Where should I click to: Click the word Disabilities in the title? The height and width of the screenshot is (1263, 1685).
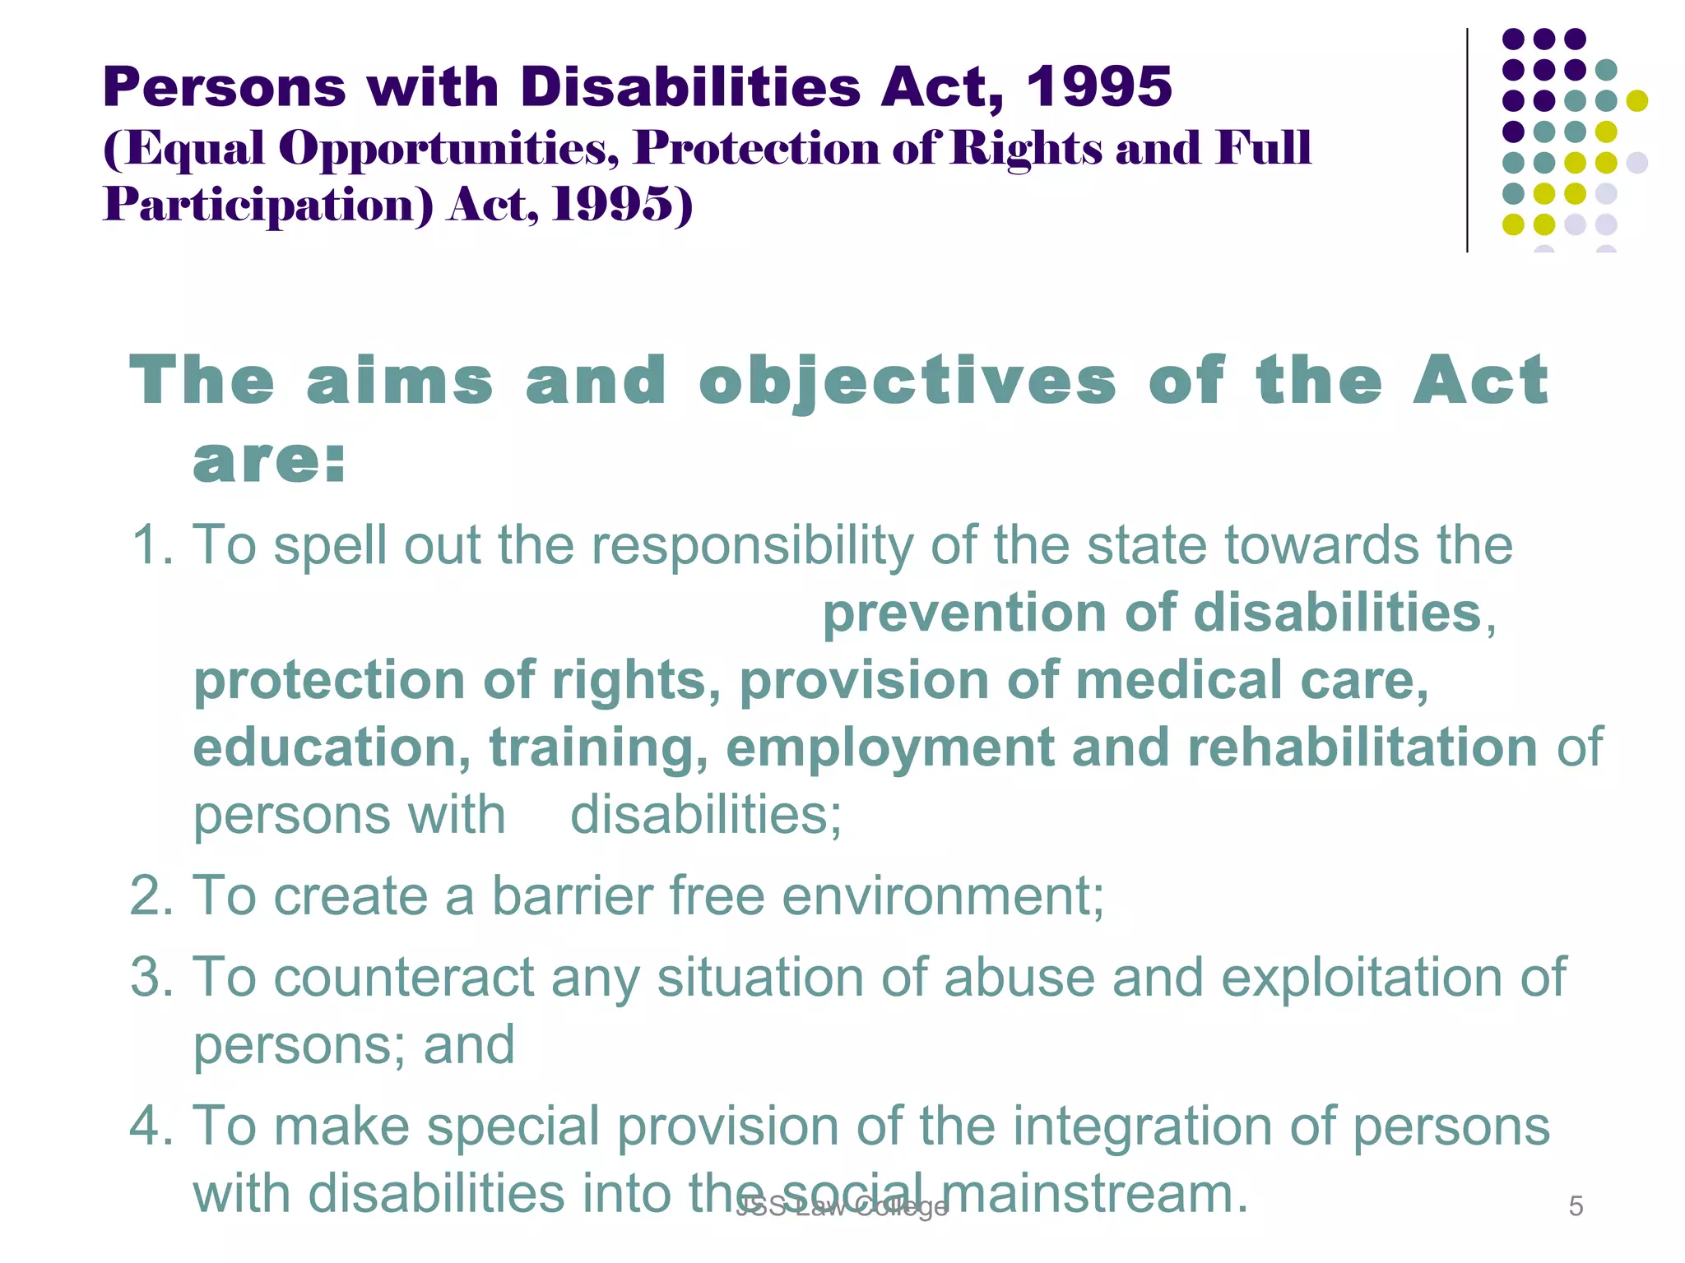[x=690, y=86]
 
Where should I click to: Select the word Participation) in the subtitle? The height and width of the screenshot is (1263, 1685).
[x=267, y=206]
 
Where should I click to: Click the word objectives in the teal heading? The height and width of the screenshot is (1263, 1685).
[x=907, y=382]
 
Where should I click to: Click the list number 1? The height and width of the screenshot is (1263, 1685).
[x=151, y=545]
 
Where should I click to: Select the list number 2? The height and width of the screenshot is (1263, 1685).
[x=151, y=895]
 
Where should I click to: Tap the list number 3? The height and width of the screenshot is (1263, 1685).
[x=151, y=978]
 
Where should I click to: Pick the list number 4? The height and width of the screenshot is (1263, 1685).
[x=151, y=1126]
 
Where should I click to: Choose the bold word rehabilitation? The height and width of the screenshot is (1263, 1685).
[x=1362, y=747]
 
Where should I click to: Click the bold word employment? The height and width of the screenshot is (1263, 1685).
[x=889, y=749]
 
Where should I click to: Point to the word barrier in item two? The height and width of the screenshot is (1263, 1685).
[x=572, y=895]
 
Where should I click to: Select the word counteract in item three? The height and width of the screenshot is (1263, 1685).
[x=404, y=978]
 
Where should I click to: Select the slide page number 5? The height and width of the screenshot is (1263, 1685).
[x=1576, y=1206]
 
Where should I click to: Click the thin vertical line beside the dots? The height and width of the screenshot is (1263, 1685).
[x=1467, y=140]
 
